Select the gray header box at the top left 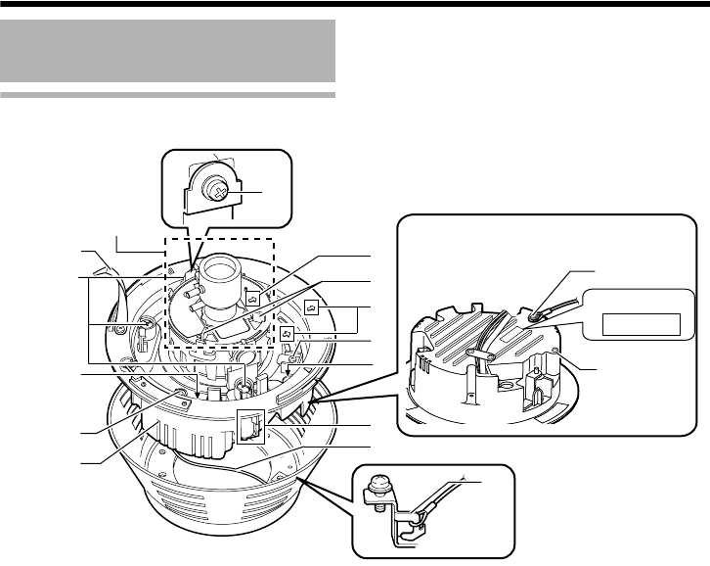coord(168,54)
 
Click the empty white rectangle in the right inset coord(640,322)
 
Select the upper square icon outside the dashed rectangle coord(311,307)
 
